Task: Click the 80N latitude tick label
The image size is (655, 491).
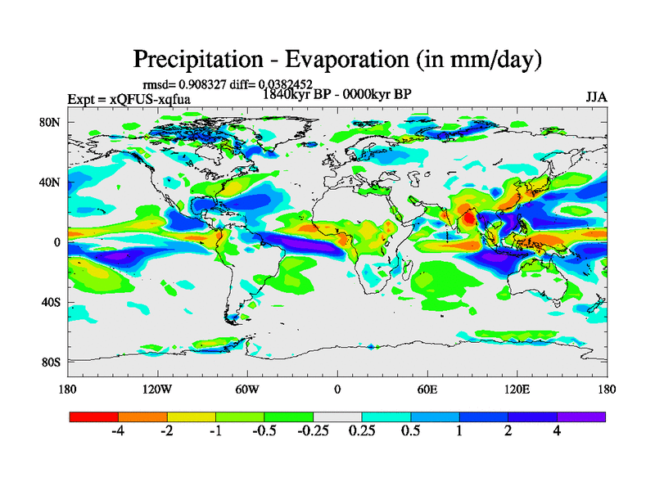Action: tap(53, 122)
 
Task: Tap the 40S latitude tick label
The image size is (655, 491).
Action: tap(53, 302)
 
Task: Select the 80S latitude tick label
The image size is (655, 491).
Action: tap(53, 362)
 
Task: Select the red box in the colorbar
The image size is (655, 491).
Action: tap(94, 417)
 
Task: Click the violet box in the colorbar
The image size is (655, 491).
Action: tap(581, 417)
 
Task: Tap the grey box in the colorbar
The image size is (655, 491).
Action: tap(337, 417)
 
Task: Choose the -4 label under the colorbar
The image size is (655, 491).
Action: tap(118, 432)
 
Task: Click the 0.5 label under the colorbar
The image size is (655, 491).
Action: tap(411, 432)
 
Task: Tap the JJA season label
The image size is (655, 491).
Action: tap(596, 97)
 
